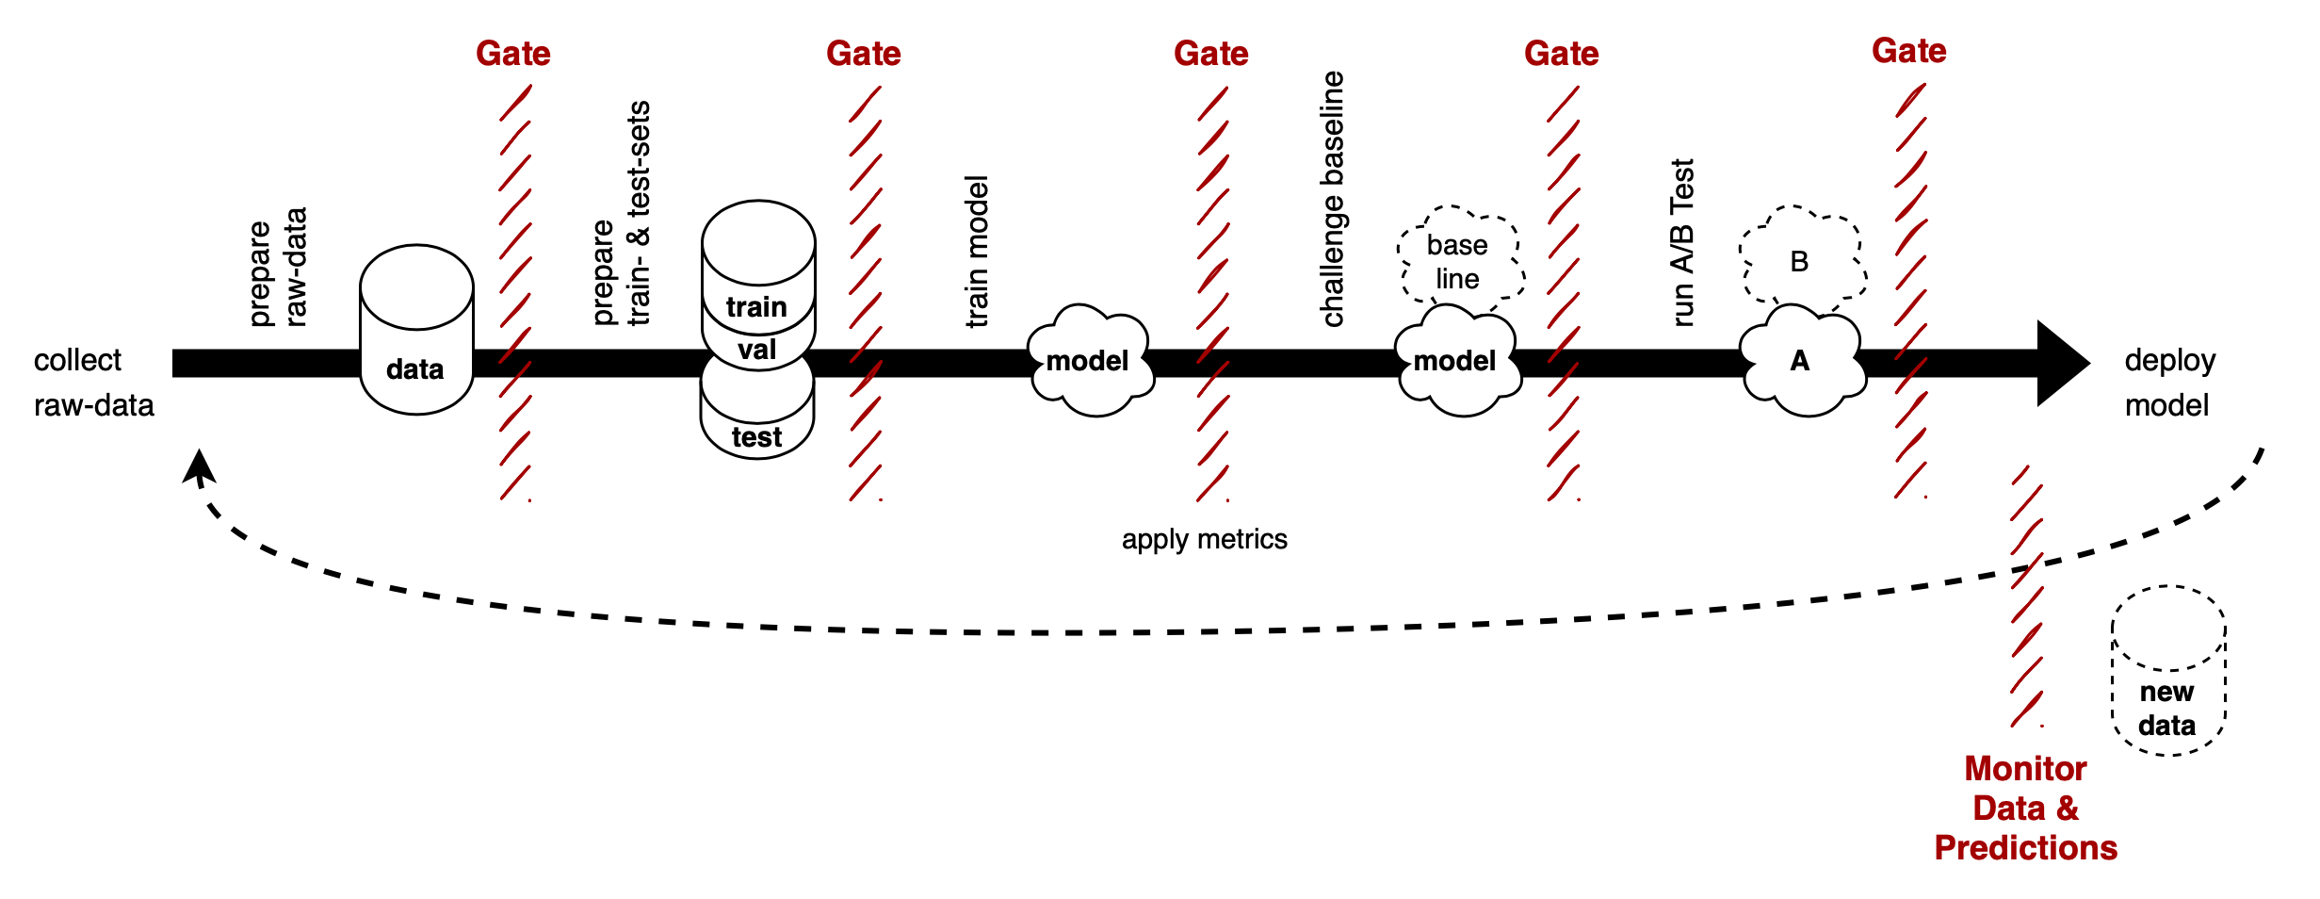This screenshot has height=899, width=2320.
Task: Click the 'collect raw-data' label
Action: [93, 383]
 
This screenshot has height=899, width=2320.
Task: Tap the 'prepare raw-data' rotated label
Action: [279, 269]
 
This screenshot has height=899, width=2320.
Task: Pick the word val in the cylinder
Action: [757, 350]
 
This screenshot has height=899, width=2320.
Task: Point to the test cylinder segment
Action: [756, 435]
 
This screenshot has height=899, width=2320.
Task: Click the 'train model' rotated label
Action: [978, 252]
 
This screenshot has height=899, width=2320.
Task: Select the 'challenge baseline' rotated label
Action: [1333, 199]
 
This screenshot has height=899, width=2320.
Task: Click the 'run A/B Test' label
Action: [1682, 242]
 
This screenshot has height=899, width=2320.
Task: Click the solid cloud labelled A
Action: [1800, 361]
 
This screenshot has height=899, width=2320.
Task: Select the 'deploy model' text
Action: [2169, 383]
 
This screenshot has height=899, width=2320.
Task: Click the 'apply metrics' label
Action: [1204, 539]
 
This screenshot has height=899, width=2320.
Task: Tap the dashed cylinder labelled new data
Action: [2167, 671]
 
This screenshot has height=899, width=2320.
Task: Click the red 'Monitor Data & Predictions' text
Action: [2025, 808]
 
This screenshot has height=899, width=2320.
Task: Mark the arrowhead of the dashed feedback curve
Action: [198, 466]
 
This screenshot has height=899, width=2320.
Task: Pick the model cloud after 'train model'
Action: [1089, 361]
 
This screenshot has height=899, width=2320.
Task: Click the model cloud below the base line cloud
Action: [1456, 361]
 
